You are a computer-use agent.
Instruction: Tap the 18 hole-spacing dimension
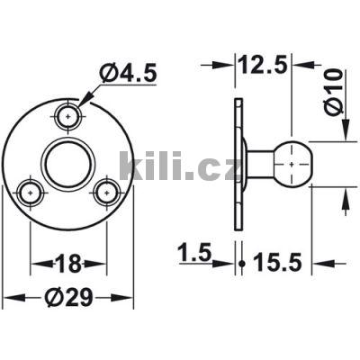(x=68, y=264)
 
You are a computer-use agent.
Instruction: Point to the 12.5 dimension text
(x=264, y=65)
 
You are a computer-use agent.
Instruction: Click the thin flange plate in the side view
(x=238, y=163)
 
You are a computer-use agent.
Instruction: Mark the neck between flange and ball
(x=261, y=163)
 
